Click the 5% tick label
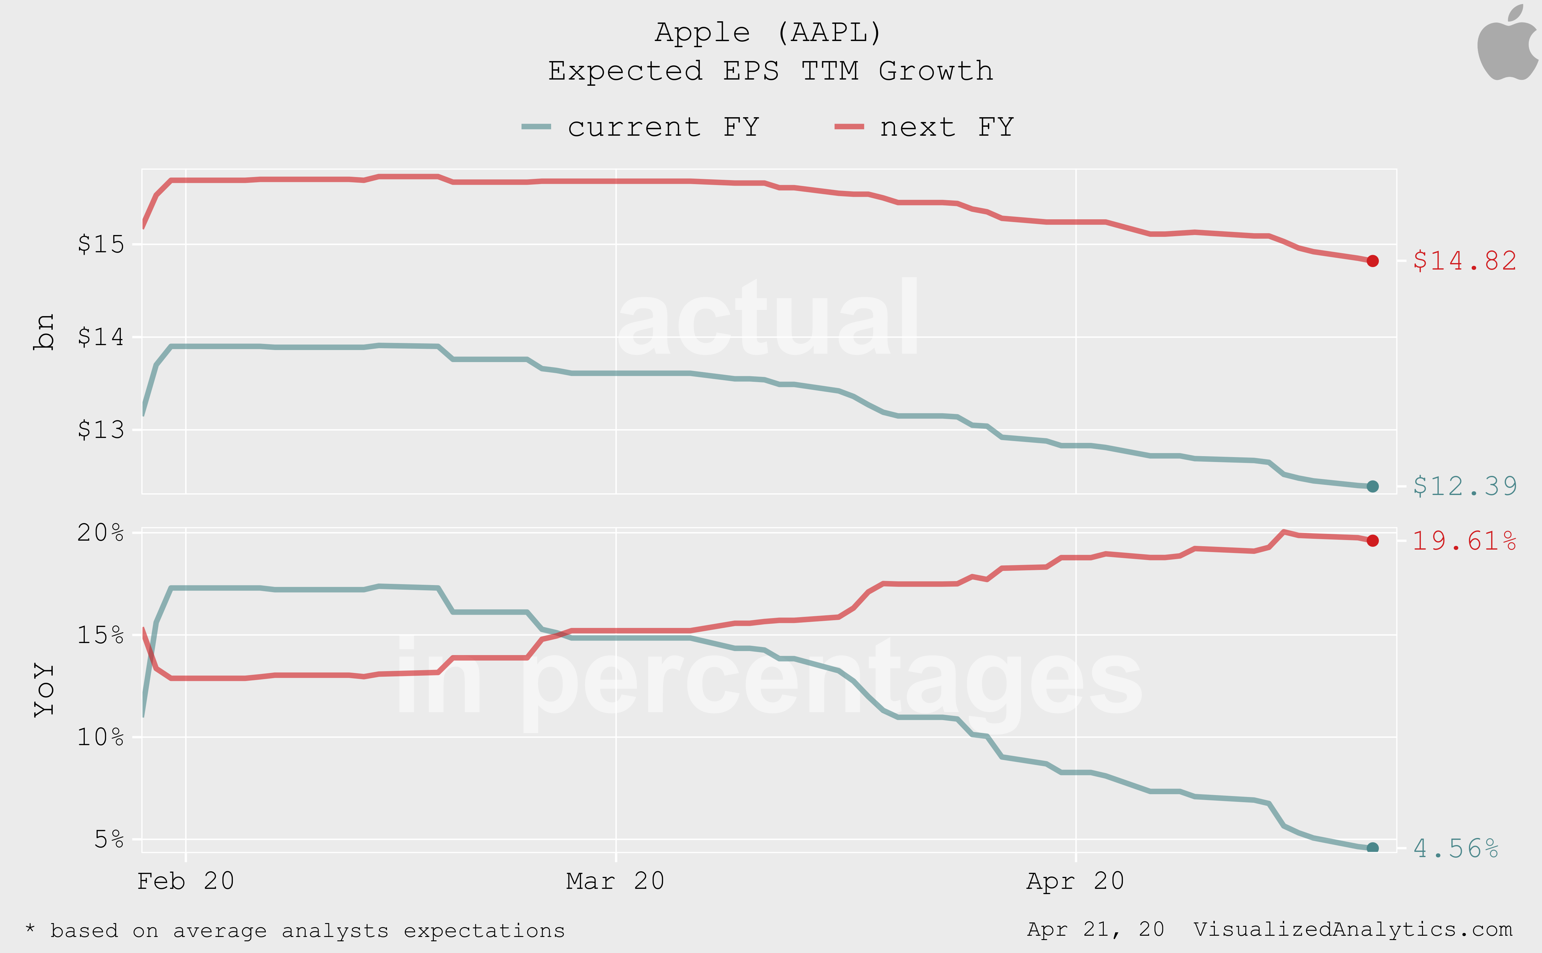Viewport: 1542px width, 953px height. pos(108,839)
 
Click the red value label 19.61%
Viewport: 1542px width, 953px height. pos(1464,541)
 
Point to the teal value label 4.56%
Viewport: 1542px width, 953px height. pos(1455,848)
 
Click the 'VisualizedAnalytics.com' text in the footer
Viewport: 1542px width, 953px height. pos(1352,930)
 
